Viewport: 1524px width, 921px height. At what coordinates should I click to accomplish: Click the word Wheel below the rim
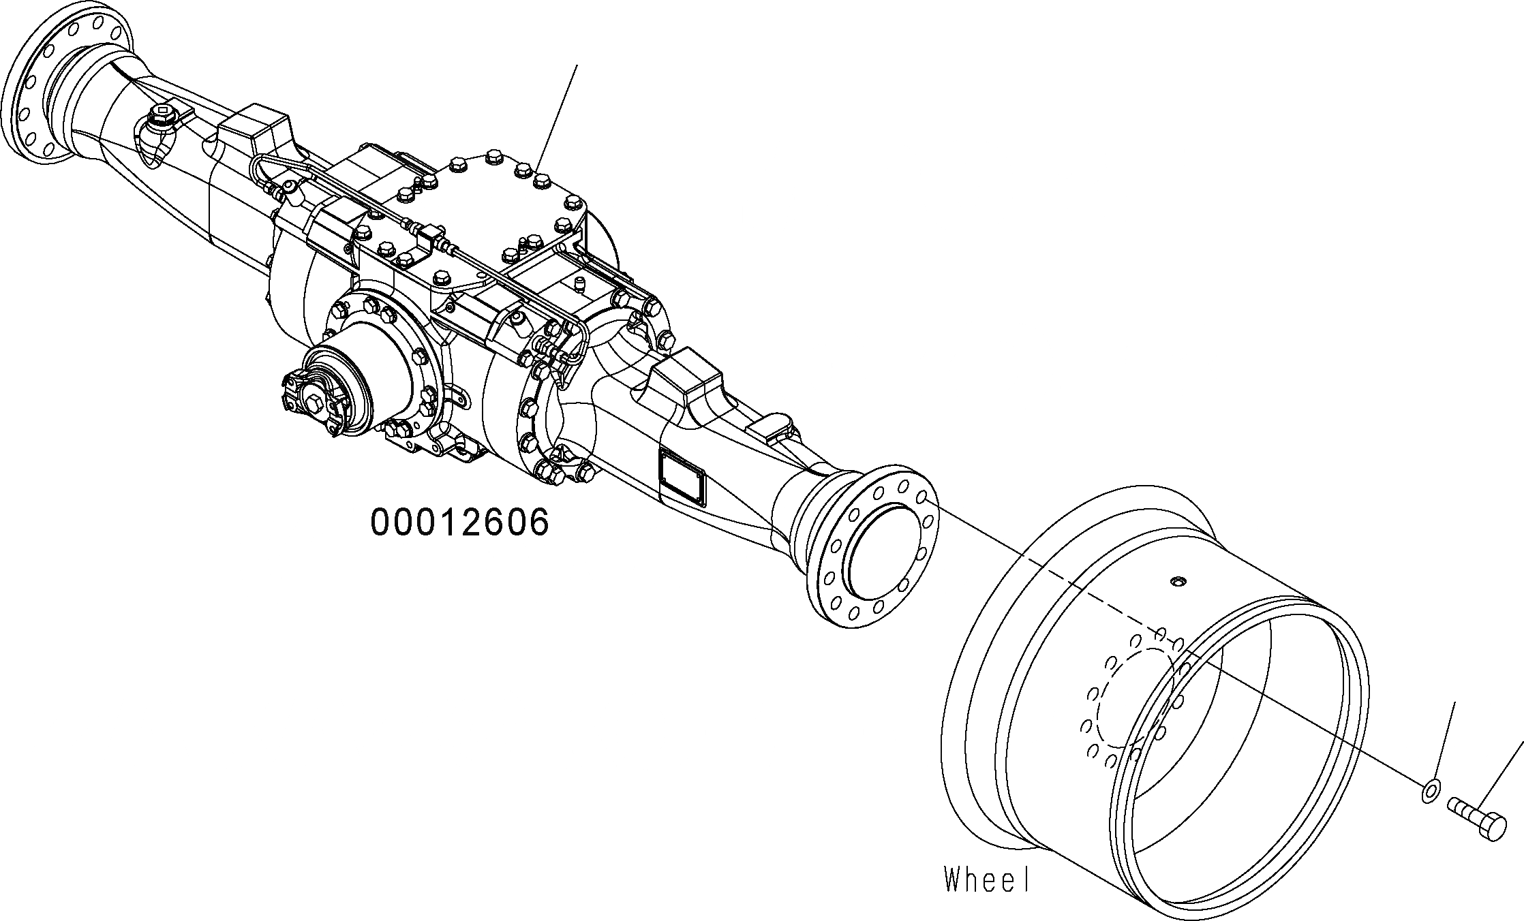986,879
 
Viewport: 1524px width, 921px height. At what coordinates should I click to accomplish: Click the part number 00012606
459,523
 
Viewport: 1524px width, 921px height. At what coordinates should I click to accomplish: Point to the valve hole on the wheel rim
1177,581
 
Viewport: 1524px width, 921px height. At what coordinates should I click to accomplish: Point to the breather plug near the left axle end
162,121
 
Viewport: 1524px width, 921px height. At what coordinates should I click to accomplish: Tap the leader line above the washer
1444,742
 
